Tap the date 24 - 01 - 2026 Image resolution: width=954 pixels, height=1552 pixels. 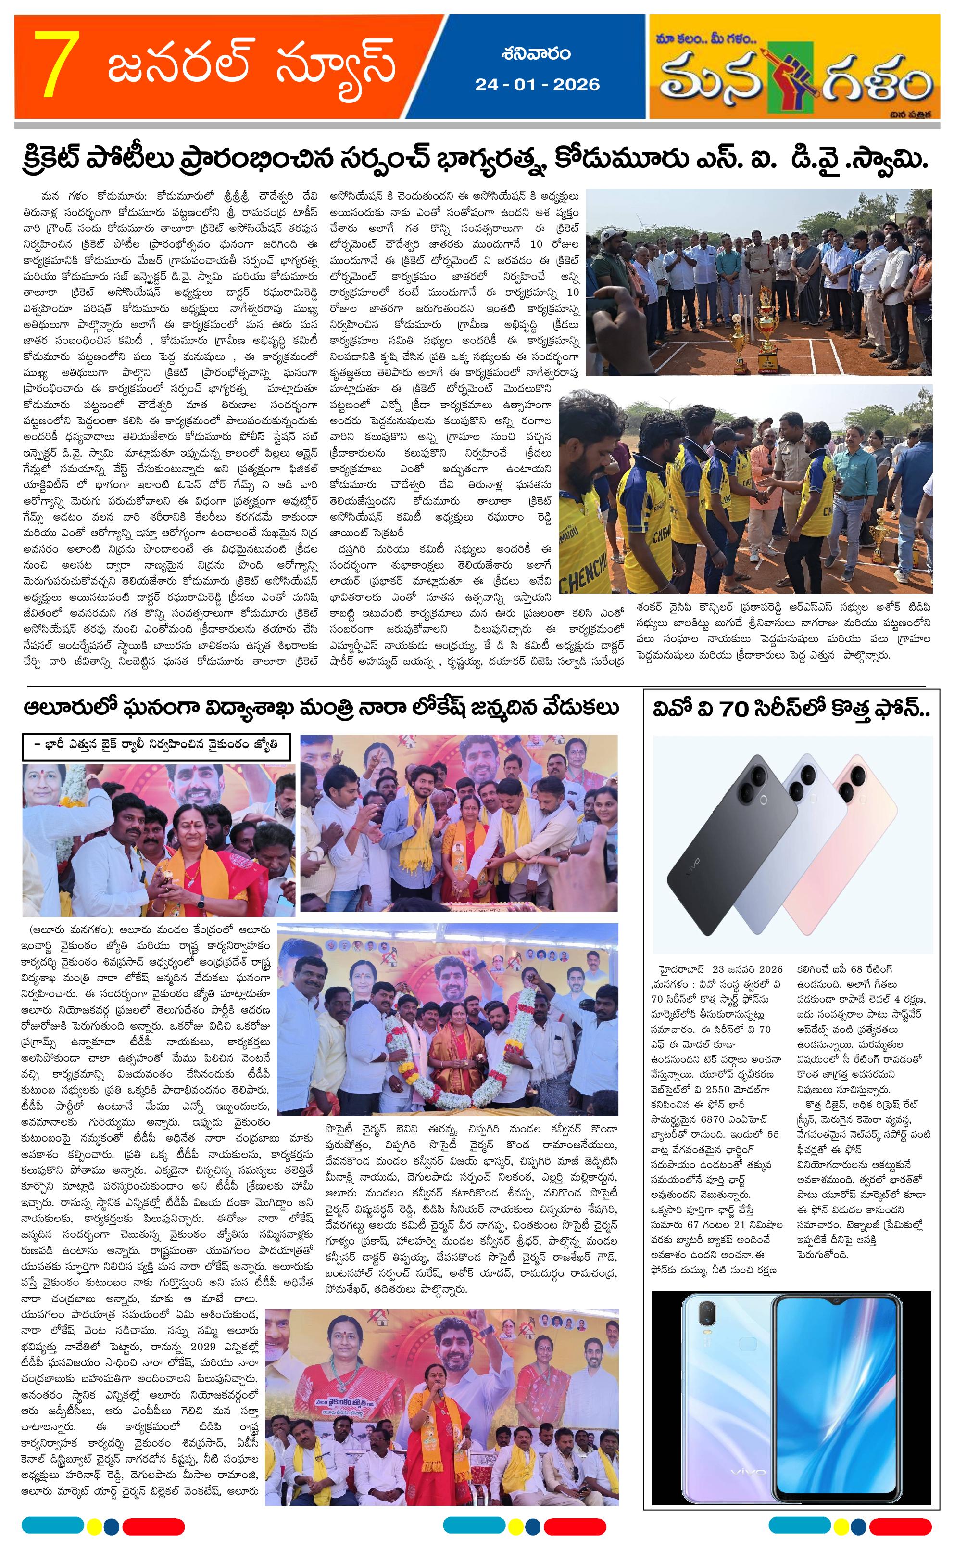click(x=537, y=84)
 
